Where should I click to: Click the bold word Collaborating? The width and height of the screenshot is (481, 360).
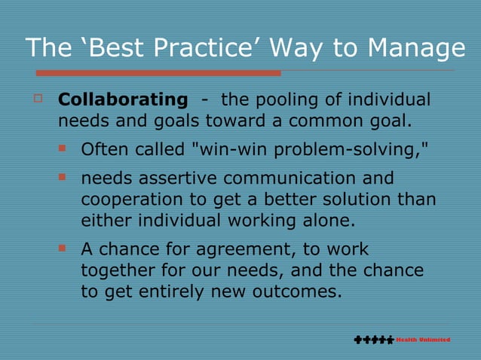click(123, 99)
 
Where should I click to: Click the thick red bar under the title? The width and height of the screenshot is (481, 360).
click(158, 73)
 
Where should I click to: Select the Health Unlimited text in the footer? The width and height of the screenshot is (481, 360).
click(423, 340)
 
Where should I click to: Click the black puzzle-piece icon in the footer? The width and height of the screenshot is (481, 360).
click(373, 340)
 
